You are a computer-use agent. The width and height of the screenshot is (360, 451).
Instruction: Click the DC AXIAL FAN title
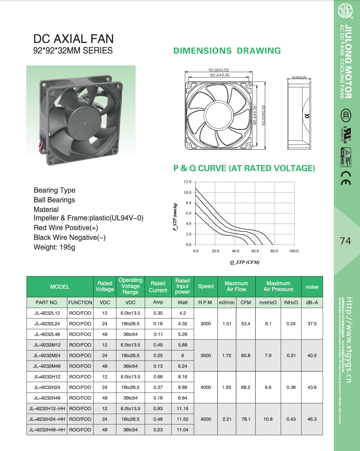73,39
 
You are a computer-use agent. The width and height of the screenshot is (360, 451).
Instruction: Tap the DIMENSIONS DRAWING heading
227,51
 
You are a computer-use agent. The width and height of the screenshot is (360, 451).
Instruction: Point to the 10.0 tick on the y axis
188,192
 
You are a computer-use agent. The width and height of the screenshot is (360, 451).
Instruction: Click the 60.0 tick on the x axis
255,251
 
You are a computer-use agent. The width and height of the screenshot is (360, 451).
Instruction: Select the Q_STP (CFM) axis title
245,262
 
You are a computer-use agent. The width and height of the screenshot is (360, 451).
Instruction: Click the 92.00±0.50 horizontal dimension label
218,70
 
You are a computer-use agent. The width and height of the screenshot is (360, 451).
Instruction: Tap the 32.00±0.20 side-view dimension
299,77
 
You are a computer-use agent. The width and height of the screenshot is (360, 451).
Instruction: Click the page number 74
345,241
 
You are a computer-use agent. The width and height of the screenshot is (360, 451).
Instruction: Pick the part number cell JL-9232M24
47,355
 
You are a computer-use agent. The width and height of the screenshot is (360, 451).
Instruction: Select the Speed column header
205,286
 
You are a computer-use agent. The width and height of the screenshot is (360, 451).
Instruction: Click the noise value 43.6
312,387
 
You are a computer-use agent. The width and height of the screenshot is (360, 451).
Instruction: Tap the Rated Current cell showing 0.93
158,409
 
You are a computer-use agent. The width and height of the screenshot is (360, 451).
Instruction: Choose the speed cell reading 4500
205,419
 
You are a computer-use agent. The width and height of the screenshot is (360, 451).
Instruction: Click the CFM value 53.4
246,324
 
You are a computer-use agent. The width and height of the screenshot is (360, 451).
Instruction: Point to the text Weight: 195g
54,247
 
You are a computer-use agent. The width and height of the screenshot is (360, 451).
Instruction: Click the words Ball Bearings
54,200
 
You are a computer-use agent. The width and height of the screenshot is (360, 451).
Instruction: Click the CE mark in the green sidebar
346,178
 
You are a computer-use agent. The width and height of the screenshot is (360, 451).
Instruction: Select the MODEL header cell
60,287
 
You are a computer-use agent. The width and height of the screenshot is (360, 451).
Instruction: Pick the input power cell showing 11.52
182,419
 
